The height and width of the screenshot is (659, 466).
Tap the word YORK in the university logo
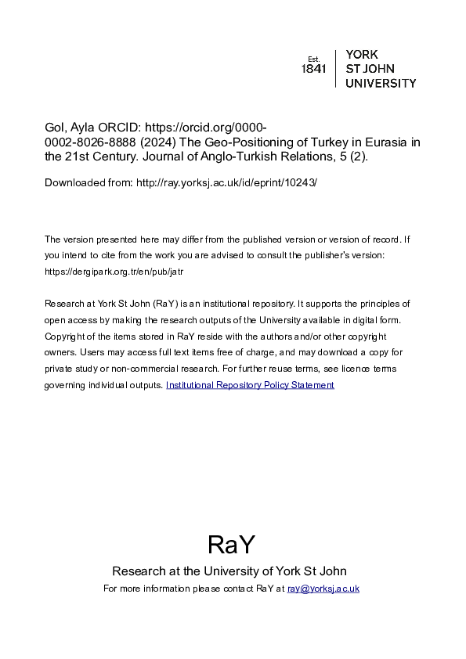tap(362, 55)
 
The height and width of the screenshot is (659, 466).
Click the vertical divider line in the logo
tap(335, 69)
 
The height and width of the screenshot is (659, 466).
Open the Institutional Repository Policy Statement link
tap(250, 385)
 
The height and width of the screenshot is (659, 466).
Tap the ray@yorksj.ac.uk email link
tap(323, 589)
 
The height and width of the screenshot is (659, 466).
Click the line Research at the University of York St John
tap(229, 571)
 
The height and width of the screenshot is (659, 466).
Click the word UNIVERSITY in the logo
tap(381, 83)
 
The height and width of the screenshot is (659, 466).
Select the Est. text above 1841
tap(313, 59)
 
